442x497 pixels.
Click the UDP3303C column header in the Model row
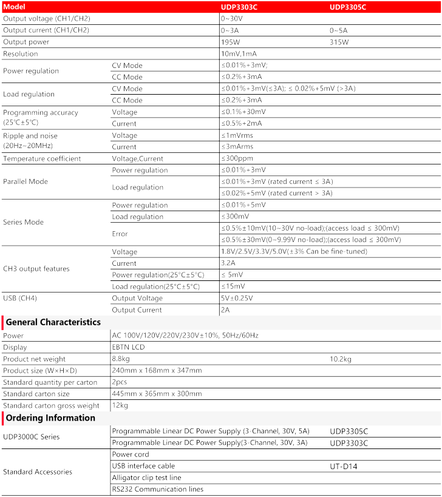tap(239, 7)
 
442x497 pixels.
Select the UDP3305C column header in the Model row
tap(348, 7)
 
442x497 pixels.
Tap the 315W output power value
tap(339, 42)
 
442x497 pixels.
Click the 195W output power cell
tap(230, 42)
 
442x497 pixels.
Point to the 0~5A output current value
tap(339, 30)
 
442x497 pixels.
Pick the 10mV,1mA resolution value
tap(239, 53)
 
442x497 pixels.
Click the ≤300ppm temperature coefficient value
tap(236, 158)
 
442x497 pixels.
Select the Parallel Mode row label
tap(25, 181)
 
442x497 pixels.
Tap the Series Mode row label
tap(24, 222)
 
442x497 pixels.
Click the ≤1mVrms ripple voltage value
tap(237, 135)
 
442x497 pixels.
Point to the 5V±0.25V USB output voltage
tap(237, 298)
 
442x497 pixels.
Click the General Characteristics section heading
tap(53, 322)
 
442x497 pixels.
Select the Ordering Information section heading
tap(50, 418)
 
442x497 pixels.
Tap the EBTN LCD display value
tap(129, 347)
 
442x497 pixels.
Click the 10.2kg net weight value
tap(341, 359)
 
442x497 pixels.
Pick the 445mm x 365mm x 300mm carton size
tap(157, 394)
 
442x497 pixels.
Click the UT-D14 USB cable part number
tap(343, 466)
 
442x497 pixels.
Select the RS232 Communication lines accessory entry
tap(158, 489)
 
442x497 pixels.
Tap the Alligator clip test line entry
tap(146, 478)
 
